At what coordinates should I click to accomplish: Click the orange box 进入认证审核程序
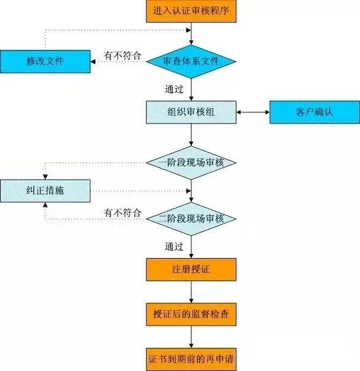coord(191,11)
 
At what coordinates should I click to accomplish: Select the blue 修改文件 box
coord(45,61)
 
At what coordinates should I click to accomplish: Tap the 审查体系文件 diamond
coord(191,61)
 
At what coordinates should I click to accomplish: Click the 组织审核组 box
coord(191,112)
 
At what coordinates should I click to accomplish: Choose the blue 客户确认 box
coord(314,112)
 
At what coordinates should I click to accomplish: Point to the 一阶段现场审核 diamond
coord(191,162)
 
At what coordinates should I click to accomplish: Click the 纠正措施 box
coord(45,190)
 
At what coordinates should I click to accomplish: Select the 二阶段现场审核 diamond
coord(191,218)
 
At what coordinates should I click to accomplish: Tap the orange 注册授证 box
coord(191,269)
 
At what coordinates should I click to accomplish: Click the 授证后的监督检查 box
coord(191,315)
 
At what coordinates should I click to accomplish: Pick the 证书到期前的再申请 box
coord(191,360)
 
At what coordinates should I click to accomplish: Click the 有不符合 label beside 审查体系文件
coord(123,55)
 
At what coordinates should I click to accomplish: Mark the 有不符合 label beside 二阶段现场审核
coord(123,212)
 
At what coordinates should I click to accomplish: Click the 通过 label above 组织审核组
coord(173,89)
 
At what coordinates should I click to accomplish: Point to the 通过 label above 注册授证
coord(173,246)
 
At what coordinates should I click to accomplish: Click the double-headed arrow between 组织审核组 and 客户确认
coord(254,112)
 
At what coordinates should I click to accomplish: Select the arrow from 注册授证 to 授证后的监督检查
coord(191,292)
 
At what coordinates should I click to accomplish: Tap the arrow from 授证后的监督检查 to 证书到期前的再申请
coord(191,337)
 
